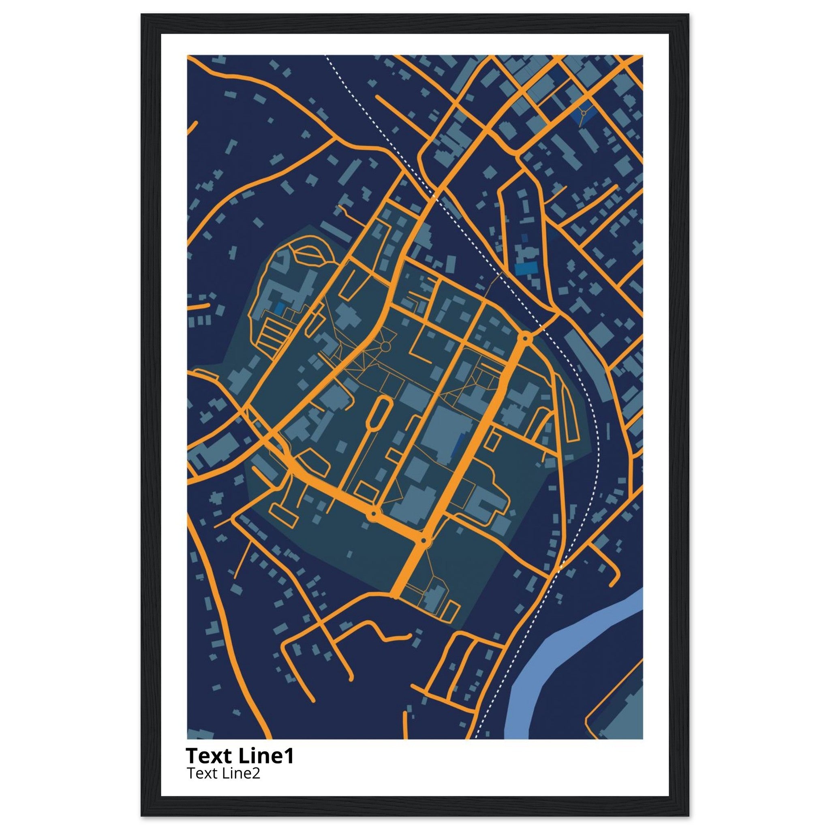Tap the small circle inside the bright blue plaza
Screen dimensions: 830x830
point(584,113)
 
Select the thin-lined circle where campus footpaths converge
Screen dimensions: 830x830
point(385,346)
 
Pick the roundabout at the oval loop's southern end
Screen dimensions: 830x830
point(374,513)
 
